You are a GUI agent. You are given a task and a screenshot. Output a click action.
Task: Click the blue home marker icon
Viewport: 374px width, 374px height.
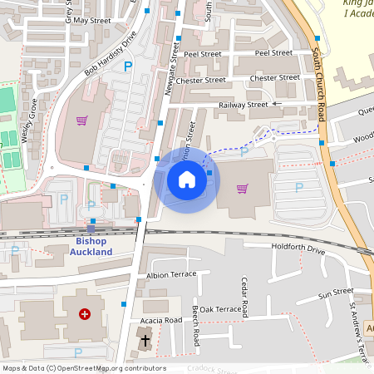(186, 180)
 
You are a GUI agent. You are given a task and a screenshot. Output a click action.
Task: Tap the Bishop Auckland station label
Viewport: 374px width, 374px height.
(86, 246)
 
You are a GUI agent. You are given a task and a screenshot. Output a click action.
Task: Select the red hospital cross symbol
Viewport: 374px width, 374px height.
(85, 314)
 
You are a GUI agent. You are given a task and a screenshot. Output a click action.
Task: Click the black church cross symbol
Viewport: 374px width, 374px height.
(145, 340)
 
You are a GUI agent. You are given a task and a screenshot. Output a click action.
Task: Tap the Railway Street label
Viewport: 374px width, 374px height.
(244, 105)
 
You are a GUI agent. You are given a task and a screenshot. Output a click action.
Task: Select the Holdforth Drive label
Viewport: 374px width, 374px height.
(296, 249)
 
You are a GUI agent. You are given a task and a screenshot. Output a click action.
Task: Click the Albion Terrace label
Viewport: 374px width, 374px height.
(171, 273)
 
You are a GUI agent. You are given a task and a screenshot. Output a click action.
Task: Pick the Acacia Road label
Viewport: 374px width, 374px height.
(163, 319)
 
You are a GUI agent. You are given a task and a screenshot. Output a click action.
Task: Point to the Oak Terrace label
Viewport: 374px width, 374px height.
(219, 309)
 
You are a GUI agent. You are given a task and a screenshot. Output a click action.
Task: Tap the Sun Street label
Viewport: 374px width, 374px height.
(336, 293)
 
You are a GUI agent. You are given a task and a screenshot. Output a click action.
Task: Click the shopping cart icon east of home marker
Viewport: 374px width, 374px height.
(243, 188)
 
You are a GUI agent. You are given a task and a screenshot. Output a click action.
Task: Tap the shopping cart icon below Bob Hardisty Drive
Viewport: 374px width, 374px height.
(81, 120)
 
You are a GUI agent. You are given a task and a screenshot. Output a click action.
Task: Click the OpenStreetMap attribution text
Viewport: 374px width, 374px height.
(83, 368)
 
